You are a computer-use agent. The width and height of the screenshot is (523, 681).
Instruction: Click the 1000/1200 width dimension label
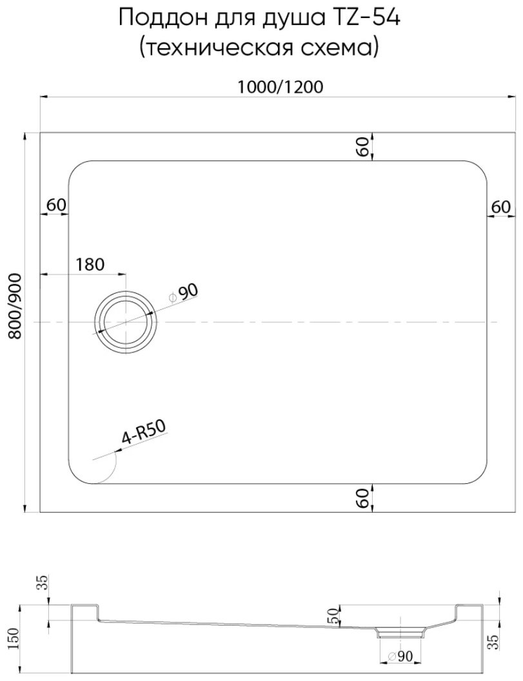pyautogui.click(x=281, y=87)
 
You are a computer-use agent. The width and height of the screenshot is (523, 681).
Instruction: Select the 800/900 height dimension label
pyautogui.click(x=14, y=306)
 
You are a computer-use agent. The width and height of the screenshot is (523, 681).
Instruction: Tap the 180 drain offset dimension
pyautogui.click(x=90, y=264)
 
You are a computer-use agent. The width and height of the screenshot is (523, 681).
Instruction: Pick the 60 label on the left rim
pyautogui.click(x=56, y=205)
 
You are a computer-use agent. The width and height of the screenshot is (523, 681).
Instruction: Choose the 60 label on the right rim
pyautogui.click(x=500, y=207)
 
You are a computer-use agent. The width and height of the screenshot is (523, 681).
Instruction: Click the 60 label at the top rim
pyautogui.click(x=364, y=146)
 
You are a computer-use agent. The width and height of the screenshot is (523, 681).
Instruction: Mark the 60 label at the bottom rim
pyautogui.click(x=364, y=498)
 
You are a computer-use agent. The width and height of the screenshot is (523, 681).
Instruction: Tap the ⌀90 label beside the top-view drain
pyautogui.click(x=184, y=294)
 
